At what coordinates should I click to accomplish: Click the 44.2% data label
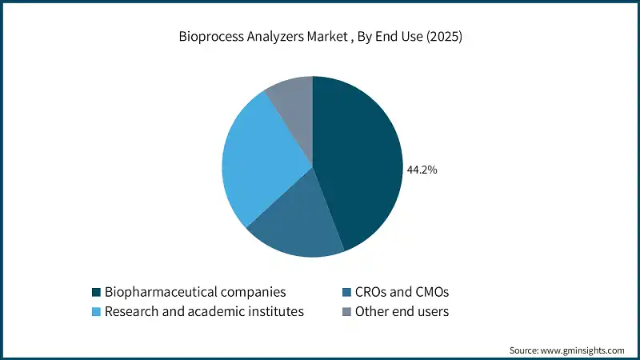pyautogui.click(x=422, y=170)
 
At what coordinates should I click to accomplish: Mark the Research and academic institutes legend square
pyautogui.click(x=96, y=312)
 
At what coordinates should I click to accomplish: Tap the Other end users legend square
pyautogui.click(x=346, y=312)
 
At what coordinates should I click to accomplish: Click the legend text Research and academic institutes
pyautogui.click(x=205, y=312)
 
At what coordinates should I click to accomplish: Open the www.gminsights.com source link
pyautogui.click(x=583, y=350)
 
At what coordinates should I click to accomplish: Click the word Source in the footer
pyautogui.click(x=525, y=350)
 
